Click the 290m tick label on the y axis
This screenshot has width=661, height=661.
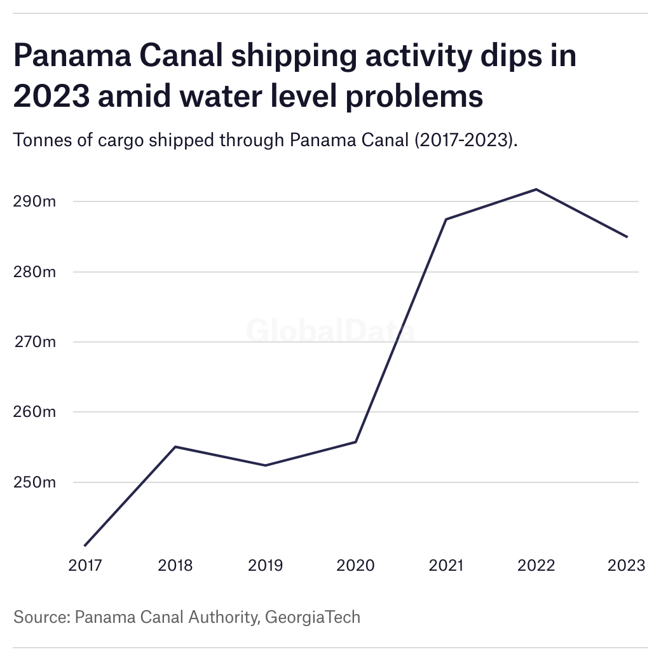[34, 202]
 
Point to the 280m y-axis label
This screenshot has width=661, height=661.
[34, 272]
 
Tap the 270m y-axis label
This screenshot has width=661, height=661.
[36, 342]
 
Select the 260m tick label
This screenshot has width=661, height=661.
[34, 412]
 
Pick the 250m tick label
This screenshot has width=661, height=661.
[34, 482]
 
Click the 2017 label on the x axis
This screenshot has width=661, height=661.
[85, 565]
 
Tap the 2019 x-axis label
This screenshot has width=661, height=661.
[266, 565]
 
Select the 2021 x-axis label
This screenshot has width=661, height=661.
[446, 565]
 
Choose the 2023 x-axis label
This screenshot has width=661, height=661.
[626, 565]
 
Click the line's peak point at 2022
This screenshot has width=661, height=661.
[536, 189]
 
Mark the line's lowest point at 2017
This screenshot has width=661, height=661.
[85, 545]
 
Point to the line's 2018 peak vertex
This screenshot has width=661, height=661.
[175, 447]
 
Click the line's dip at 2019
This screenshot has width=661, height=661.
[266, 465]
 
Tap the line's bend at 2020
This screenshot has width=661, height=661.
[355, 442]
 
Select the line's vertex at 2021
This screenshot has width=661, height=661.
[446, 219]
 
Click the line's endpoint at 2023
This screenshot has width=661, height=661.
[627, 237]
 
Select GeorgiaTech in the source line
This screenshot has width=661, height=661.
[312, 617]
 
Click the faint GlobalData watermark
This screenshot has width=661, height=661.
[330, 331]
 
